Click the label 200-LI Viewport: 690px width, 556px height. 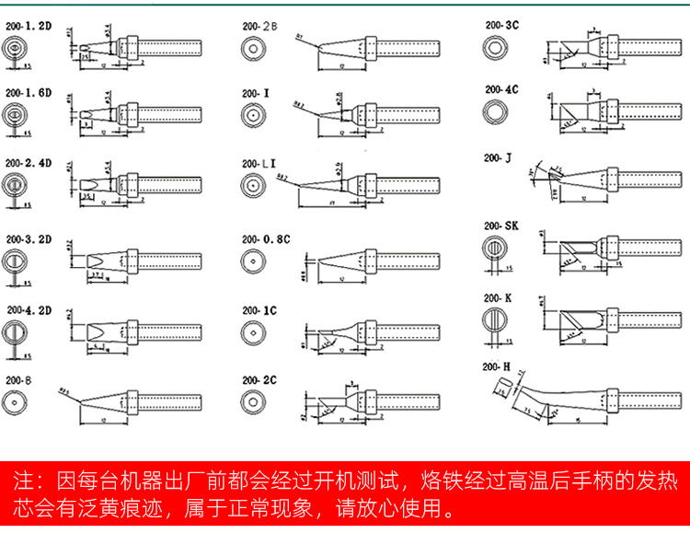coord(259,163)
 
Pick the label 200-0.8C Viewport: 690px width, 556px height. coord(266,238)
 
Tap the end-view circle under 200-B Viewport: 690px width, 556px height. coord(16,402)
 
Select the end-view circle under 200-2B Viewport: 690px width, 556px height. coord(252,50)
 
